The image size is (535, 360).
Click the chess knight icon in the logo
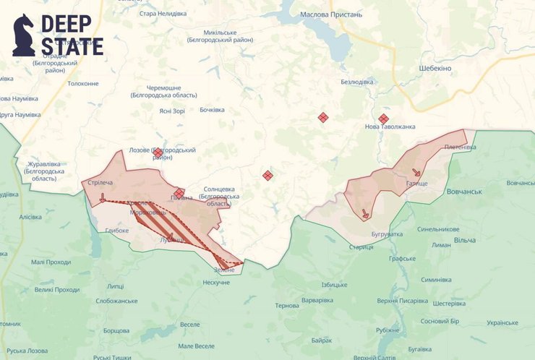click(x=23, y=34)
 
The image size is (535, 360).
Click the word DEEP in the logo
click(x=66, y=23)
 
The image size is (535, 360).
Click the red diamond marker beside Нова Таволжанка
click(x=383, y=119)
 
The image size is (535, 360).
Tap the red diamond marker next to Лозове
click(x=158, y=152)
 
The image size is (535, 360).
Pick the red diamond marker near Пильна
click(x=179, y=192)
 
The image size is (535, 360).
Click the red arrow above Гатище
click(x=416, y=173)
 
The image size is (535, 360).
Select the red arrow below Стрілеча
click(x=103, y=196)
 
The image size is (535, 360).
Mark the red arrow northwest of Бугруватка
click(x=365, y=214)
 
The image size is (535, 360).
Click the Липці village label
click(x=115, y=286)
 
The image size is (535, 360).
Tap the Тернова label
click(x=287, y=306)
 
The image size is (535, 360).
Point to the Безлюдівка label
click(x=357, y=82)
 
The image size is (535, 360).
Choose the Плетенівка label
click(x=460, y=147)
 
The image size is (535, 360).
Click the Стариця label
click(x=361, y=247)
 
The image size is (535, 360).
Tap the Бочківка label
click(x=212, y=110)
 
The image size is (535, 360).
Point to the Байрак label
click(x=321, y=340)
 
